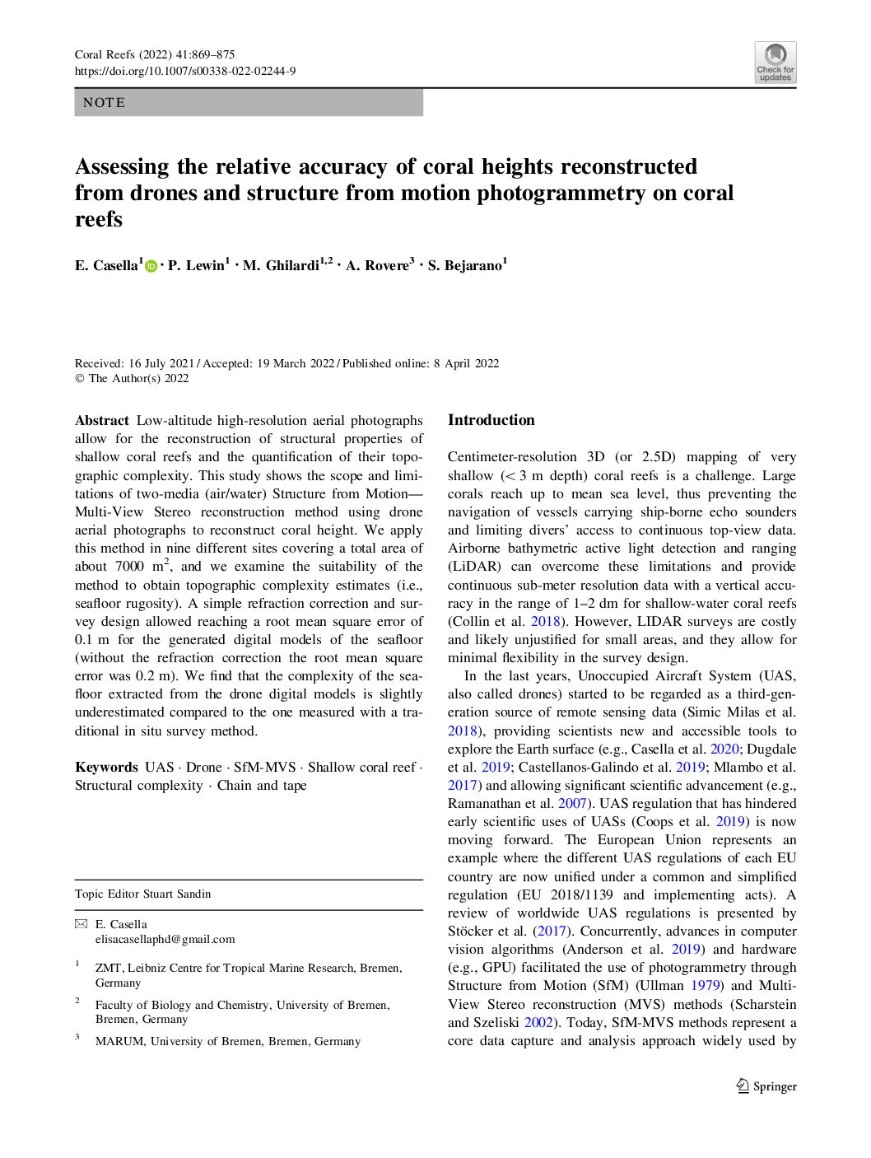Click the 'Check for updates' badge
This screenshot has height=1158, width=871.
(775, 63)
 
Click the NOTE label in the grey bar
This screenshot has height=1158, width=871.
(105, 103)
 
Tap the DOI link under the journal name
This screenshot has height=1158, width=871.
(185, 72)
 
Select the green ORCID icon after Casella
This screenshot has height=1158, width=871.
(151, 266)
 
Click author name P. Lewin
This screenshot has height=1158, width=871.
(196, 265)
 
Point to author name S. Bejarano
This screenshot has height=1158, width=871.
(465, 265)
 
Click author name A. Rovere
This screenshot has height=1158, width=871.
(377, 265)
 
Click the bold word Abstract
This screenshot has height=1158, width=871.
(102, 421)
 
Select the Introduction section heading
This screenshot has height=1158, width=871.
(491, 420)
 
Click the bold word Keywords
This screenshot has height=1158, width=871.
(106, 768)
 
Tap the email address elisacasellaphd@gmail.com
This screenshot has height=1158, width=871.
(165, 939)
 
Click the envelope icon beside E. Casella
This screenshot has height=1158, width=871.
(81, 924)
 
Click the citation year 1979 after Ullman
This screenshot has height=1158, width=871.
(705, 986)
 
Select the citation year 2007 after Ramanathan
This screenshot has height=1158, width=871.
(572, 804)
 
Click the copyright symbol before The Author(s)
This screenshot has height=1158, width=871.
(79, 379)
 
